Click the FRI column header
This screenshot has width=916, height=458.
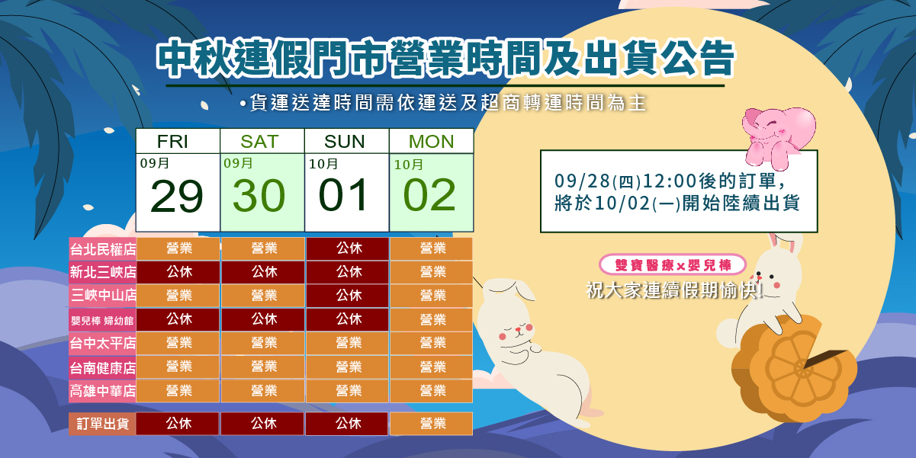click(172, 142)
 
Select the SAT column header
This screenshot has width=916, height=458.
click(259, 142)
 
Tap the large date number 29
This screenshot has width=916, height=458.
click(177, 197)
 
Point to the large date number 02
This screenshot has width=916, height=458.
click(429, 195)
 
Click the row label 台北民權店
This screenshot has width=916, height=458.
click(103, 249)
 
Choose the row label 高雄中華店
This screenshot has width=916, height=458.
click(103, 391)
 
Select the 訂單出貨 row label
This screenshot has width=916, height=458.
click(103, 424)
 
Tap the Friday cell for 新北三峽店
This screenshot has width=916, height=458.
click(178, 272)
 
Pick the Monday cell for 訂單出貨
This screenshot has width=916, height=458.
click(432, 424)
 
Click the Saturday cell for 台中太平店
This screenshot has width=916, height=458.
click(263, 343)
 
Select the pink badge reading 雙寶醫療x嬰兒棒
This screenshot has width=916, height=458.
click(673, 265)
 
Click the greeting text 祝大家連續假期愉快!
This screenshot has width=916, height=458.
click(675, 290)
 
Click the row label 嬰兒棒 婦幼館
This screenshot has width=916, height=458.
click(103, 320)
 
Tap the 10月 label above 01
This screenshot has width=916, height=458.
click(323, 165)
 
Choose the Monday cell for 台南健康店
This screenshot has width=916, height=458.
click(432, 367)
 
